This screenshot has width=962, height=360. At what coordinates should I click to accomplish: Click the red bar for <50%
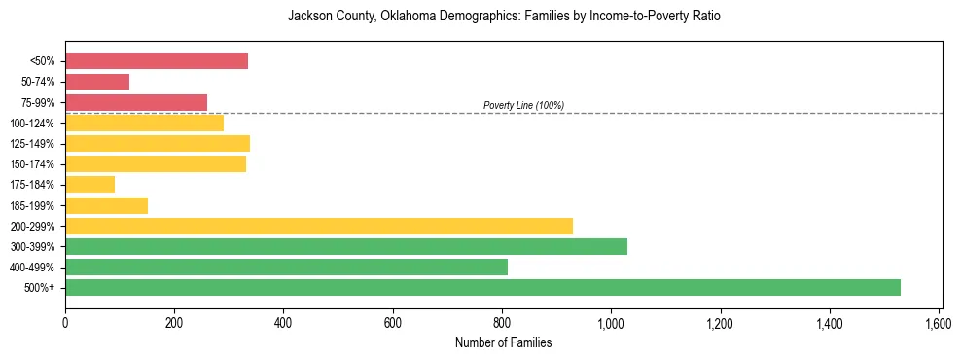point(157,61)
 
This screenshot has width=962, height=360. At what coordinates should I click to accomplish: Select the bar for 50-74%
point(97,82)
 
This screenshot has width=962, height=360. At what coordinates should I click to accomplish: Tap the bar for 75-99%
point(136,102)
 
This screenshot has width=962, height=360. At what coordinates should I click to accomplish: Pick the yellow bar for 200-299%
point(319,226)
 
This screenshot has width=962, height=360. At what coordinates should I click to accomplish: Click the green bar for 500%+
point(482,287)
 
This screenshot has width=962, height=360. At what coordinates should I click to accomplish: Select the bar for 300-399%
point(346,246)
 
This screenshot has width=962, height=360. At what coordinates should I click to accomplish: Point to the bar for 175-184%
point(90,184)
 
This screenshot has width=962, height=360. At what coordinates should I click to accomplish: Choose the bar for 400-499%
point(286,267)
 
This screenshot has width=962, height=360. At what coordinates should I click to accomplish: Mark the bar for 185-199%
point(107,205)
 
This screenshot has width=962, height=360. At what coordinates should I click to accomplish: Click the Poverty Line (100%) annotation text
point(523,105)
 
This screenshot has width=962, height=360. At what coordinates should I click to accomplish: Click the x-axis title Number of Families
point(503,343)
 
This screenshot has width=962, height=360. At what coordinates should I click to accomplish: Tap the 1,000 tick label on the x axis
point(611,322)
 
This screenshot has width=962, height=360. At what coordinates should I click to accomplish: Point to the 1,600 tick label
point(939,322)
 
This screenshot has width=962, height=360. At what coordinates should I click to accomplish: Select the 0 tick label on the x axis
point(65,322)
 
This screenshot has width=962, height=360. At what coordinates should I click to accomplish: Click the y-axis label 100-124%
point(32,124)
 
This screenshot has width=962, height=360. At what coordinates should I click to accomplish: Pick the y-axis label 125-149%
point(32,144)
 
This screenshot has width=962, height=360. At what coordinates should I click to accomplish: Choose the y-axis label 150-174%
point(32,164)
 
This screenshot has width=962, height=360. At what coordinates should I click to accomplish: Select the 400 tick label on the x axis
point(283,322)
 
